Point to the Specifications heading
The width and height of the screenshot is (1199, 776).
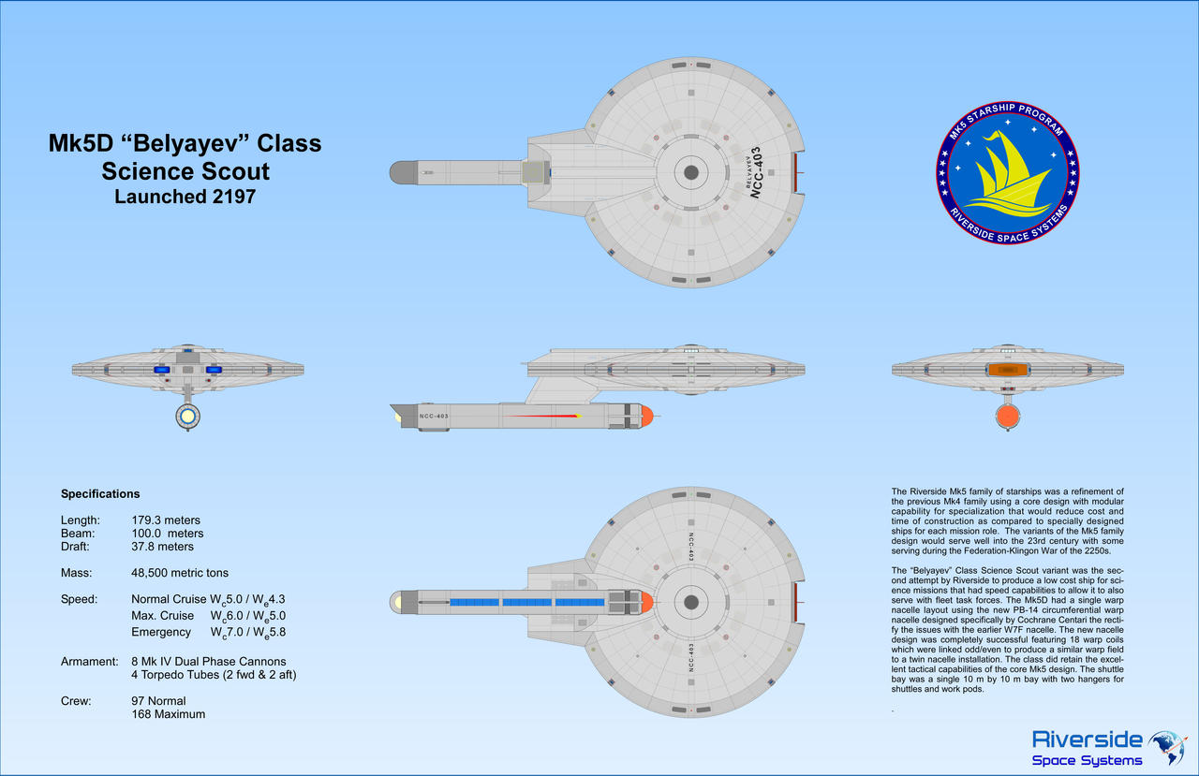tap(100, 494)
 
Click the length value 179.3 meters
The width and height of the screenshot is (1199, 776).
tap(166, 520)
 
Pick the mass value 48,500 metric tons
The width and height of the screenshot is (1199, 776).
tap(180, 573)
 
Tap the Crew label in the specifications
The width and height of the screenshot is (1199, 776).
tap(76, 701)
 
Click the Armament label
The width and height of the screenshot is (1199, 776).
tap(90, 662)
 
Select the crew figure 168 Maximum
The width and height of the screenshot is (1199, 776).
tap(168, 714)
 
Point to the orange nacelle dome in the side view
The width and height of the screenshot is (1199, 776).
tap(645, 416)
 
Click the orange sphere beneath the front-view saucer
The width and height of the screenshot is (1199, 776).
tap(1008, 415)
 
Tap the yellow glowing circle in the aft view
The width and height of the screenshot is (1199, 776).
tap(188, 416)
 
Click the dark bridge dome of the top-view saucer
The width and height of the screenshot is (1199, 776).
tap(691, 172)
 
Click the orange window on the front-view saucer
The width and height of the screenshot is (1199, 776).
tap(1006, 370)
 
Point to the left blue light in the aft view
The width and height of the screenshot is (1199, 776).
tap(161, 370)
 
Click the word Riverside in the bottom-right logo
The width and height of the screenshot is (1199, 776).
tap(1087, 739)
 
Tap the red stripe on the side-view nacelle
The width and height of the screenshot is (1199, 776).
tap(539, 416)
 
